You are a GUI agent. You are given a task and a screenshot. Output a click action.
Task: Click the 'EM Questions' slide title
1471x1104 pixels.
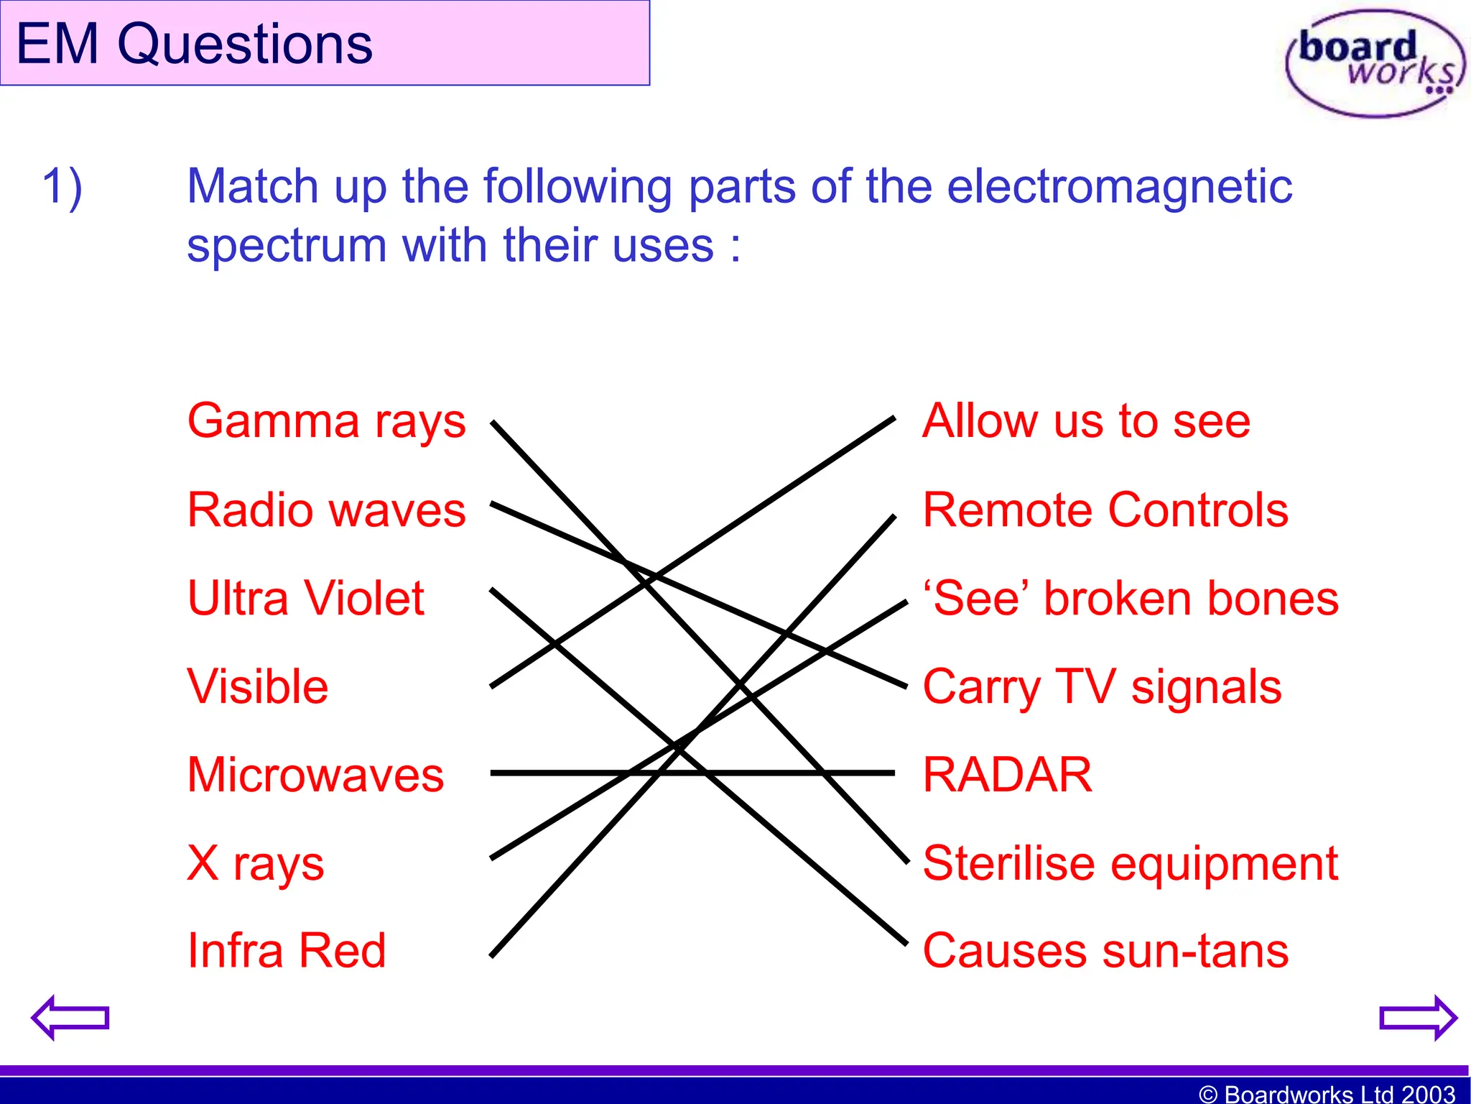coord(194,45)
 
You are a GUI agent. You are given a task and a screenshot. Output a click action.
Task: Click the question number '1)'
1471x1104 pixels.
coord(62,187)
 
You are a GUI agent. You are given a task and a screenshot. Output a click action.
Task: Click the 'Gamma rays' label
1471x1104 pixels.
coord(326,422)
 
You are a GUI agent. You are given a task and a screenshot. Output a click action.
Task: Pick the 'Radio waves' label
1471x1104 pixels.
coord(326,510)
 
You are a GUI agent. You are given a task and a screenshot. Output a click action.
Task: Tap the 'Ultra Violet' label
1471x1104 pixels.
coord(305,598)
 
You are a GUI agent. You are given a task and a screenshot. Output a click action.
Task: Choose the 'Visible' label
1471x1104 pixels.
coord(257,686)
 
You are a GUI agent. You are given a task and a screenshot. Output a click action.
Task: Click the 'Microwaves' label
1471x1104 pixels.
coord(315,775)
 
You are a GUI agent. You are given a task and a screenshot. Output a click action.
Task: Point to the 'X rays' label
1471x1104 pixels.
coord(255,863)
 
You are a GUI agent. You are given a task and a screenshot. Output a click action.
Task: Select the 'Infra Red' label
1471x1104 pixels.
coord(286,951)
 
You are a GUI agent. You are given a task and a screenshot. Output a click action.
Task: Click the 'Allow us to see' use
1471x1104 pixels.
coord(1086,421)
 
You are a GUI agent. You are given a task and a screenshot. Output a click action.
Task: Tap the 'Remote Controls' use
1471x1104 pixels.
coord(1105,510)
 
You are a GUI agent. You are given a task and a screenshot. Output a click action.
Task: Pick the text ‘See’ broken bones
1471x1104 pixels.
coord(1130,599)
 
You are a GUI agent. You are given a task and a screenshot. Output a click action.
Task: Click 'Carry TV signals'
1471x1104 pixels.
coord(1101,688)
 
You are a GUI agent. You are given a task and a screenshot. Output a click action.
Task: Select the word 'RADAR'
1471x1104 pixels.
coord(1007,775)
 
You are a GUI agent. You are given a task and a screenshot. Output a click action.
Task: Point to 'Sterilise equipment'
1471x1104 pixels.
coord(1130,863)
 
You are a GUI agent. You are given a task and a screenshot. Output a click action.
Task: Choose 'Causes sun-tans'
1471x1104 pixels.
coord(1105,951)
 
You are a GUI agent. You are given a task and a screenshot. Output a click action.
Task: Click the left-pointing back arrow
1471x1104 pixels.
coord(70,1017)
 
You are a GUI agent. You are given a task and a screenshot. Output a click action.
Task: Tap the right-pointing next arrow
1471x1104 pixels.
coord(1418,1017)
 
